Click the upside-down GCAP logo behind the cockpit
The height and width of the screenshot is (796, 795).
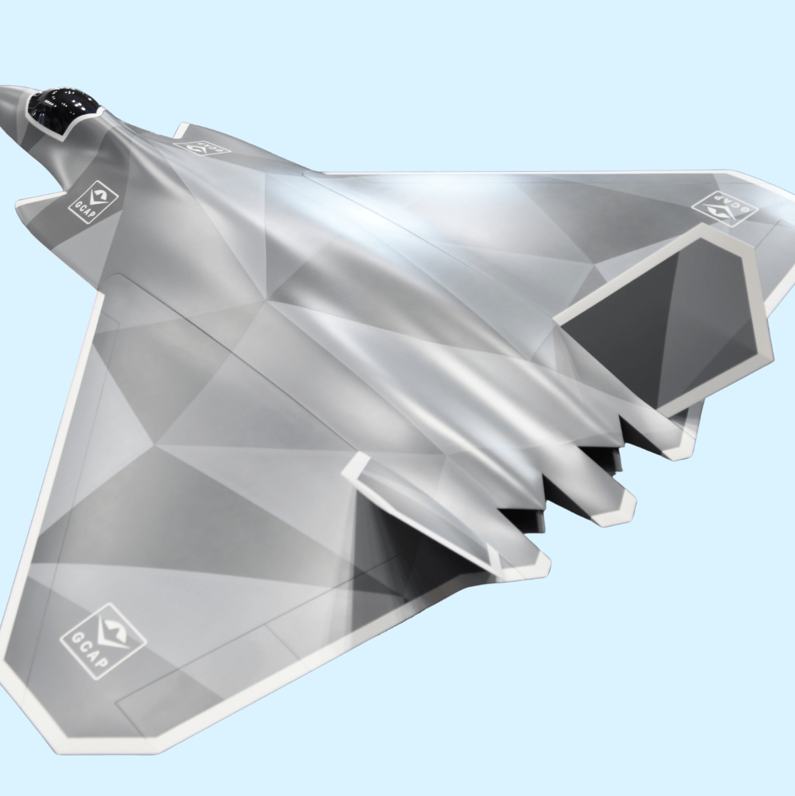[202, 145]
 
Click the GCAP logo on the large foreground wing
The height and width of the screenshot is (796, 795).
[103, 640]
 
